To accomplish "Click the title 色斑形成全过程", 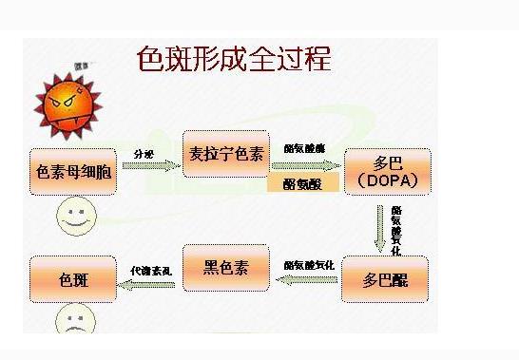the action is [233, 59].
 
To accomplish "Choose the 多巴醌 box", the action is [384, 279].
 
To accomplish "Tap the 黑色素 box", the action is [225, 267].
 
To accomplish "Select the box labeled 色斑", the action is [74, 280].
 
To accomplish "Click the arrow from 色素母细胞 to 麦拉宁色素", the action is [150, 165].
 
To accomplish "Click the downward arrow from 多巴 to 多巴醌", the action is [380, 227].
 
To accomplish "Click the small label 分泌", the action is [144, 152].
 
